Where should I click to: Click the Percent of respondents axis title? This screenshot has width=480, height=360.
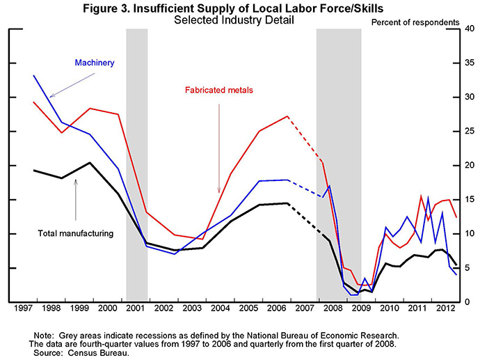(x=415, y=22)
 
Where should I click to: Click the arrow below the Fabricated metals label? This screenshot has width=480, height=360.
(x=219, y=146)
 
